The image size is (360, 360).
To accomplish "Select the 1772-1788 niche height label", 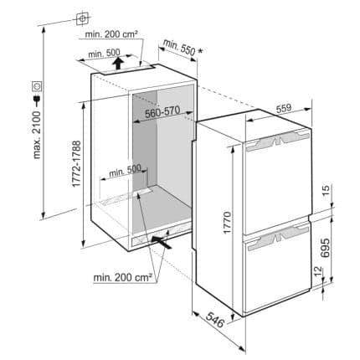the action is (76, 163).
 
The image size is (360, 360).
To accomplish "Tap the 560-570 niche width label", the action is (162, 112).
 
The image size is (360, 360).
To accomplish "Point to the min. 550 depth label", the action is (183, 47).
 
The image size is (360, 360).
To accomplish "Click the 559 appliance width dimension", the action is (284, 108).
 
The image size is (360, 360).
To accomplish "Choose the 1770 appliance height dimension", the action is (228, 223).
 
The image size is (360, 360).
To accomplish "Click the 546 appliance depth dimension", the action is (214, 320).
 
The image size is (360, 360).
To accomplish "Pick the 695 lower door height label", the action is (325, 248).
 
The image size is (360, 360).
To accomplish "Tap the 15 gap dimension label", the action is (326, 190).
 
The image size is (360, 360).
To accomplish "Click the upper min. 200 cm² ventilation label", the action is (111, 34).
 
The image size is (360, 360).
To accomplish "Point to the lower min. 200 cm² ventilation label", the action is (122, 277).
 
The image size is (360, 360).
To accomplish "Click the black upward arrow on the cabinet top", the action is (119, 64).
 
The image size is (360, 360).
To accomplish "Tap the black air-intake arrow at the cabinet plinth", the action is (162, 242).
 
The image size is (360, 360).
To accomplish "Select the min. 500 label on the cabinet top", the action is (104, 53).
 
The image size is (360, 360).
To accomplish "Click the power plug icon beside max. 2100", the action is (37, 98).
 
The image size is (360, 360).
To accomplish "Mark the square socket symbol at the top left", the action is (82, 18).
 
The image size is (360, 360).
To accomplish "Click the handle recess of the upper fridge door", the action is (277, 141).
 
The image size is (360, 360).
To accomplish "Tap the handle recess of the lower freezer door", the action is (278, 238).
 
